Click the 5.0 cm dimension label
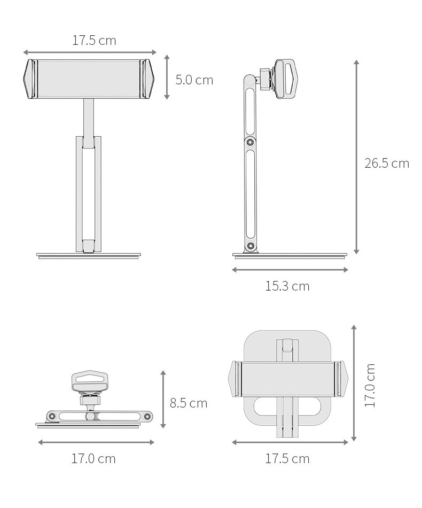click(194, 80)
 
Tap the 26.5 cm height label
click(387, 163)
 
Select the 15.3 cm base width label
click(287, 286)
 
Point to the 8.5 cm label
click(189, 403)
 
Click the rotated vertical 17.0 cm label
click(370, 385)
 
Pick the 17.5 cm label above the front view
click(94, 41)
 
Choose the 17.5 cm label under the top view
click(287, 459)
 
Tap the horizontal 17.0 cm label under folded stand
click(93, 459)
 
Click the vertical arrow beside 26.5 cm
click(356, 157)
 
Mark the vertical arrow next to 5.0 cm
click(167, 77)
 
